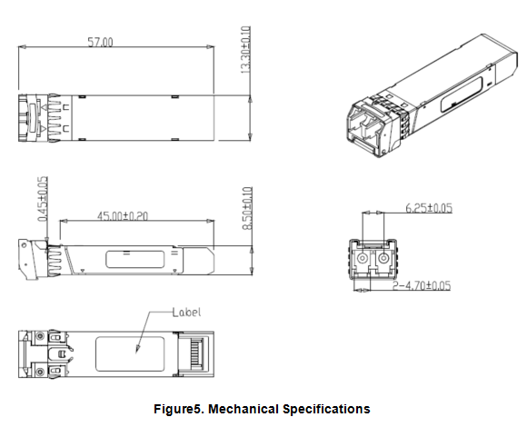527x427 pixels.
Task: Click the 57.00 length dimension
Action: (x=100, y=43)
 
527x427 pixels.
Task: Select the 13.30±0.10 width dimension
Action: (x=246, y=50)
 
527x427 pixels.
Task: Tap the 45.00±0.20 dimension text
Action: (x=123, y=215)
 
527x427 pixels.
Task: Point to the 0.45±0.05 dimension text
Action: (x=43, y=199)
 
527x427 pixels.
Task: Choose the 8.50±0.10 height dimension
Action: (x=247, y=209)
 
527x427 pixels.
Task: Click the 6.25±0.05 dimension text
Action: (x=429, y=208)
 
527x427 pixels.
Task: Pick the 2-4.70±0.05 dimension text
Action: (x=422, y=285)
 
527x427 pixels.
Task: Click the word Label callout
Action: (x=186, y=313)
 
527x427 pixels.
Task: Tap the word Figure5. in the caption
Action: (x=179, y=409)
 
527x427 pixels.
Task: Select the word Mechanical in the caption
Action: (x=244, y=409)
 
